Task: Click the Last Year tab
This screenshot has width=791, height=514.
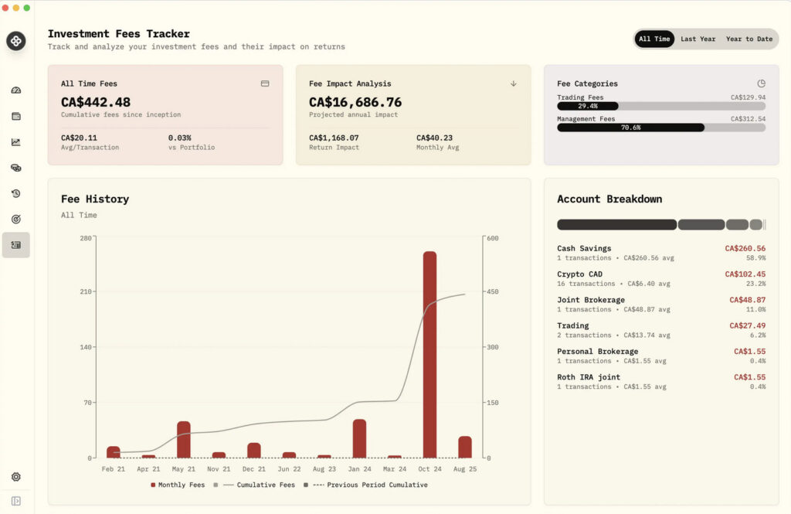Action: [x=698, y=39]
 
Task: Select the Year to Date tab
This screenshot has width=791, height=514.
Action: [x=749, y=39]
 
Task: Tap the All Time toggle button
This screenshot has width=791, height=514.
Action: [x=654, y=39]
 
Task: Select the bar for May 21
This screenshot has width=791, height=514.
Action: [x=184, y=439]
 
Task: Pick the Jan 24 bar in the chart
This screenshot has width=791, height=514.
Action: [x=359, y=438]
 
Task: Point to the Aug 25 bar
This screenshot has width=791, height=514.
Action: [x=464, y=447]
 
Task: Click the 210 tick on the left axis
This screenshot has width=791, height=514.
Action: [x=86, y=291]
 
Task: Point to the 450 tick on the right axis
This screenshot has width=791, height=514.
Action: [x=492, y=291]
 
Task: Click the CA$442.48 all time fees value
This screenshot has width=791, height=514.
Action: [x=96, y=102]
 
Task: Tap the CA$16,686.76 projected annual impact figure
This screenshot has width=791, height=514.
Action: [x=355, y=102]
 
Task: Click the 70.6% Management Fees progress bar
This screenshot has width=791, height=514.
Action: [x=630, y=128]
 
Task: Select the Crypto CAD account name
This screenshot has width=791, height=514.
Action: [x=579, y=274]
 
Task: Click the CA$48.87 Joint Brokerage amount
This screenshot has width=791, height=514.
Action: [x=747, y=300]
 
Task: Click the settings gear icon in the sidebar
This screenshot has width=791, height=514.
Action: [x=16, y=477]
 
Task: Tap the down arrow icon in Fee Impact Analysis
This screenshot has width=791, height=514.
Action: [x=513, y=83]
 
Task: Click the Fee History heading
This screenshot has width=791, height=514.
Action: [x=95, y=199]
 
